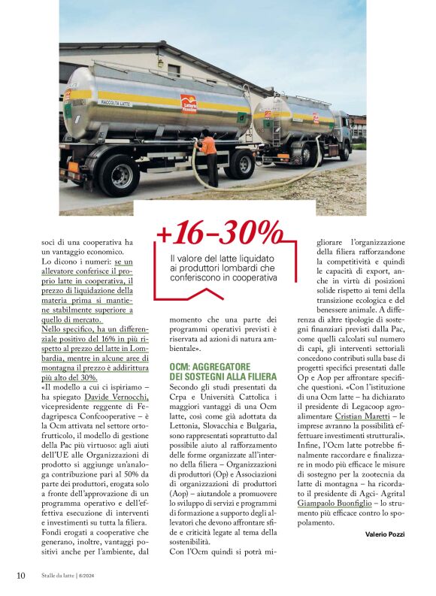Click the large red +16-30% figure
220,235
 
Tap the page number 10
21,576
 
